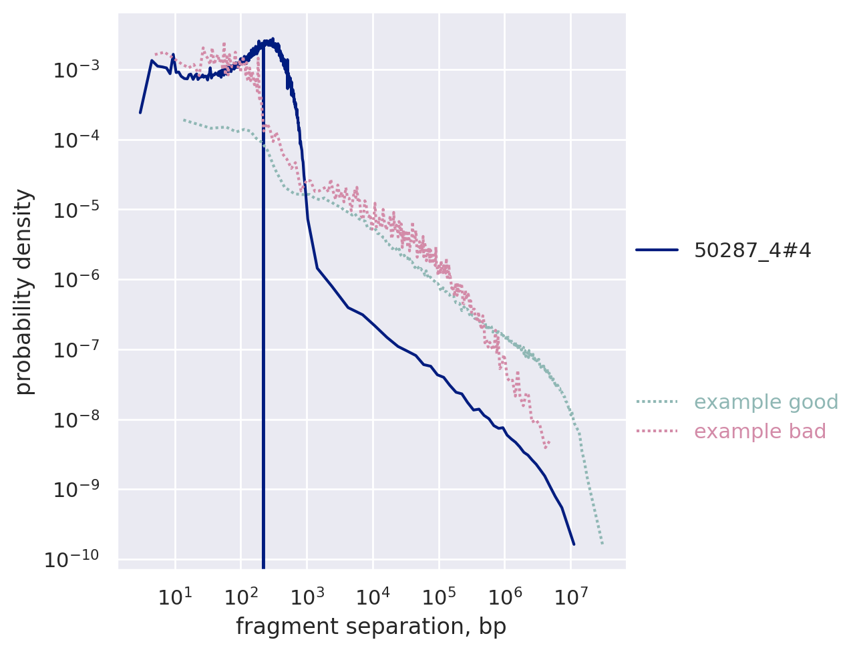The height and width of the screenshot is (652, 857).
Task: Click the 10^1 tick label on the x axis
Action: pyautogui.click(x=175, y=594)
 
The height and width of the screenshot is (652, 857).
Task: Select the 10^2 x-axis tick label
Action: pyautogui.click(x=240, y=594)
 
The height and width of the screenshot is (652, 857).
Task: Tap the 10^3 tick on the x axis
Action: pyautogui.click(x=307, y=594)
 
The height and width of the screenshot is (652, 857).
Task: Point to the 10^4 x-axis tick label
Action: pyautogui.click(x=373, y=594)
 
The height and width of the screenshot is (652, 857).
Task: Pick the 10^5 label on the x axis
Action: pyautogui.click(x=439, y=594)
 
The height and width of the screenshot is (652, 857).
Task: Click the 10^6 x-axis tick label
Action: pyautogui.click(x=504, y=594)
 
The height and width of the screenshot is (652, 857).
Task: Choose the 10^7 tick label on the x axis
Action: pyautogui.click(x=570, y=594)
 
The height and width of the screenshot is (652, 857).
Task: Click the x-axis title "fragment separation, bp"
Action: pyautogui.click(x=371, y=627)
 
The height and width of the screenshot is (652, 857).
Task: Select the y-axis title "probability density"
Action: pyautogui.click(x=24, y=291)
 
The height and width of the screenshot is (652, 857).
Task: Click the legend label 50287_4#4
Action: pyautogui.click(x=752, y=251)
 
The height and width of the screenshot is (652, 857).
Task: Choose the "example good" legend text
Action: pyautogui.click(x=766, y=402)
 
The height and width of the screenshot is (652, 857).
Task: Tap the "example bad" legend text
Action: pyautogui.click(x=760, y=432)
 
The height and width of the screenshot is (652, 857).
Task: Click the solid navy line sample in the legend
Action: pyautogui.click(x=657, y=251)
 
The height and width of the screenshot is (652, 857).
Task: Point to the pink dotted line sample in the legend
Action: pyautogui.click(x=657, y=432)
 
